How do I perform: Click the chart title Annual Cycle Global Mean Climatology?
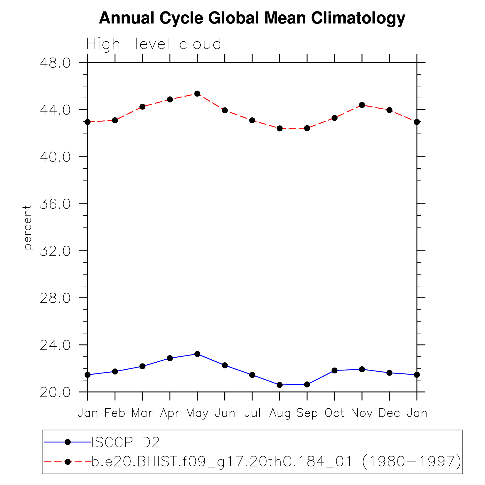point(252,18)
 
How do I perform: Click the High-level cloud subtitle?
point(154,44)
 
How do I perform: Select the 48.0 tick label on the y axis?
point(55,63)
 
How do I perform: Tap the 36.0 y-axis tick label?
point(55,204)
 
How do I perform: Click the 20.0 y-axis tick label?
point(55,392)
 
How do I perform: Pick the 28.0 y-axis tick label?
point(55,298)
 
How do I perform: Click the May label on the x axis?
point(197,413)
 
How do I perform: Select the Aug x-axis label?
point(279,413)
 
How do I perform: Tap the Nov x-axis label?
point(362,413)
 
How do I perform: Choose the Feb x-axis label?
point(115,413)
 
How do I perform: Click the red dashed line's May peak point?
point(197,94)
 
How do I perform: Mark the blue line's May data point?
point(197,354)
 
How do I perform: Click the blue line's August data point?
point(279,385)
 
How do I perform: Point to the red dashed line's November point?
point(362,105)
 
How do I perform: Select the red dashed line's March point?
point(142,107)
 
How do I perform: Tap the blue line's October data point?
point(334,371)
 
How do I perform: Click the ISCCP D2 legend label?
point(126,442)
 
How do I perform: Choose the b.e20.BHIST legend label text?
point(276,462)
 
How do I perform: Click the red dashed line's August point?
point(279,128)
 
